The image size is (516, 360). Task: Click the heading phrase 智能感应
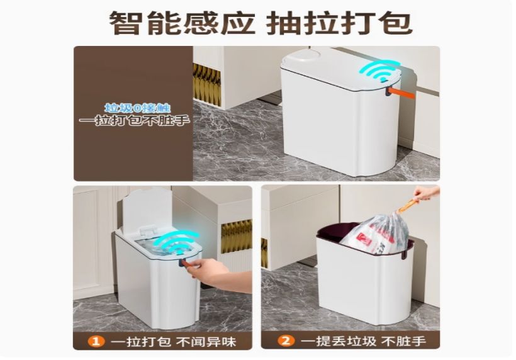click(x=182, y=23)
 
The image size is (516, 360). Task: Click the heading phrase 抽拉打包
click(x=339, y=23)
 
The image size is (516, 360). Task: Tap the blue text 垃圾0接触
click(x=138, y=108)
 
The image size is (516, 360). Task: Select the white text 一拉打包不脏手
click(x=135, y=120)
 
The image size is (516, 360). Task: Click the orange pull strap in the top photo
click(x=401, y=91)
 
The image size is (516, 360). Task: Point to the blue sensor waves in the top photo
click(x=380, y=70)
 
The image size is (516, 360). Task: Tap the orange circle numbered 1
click(x=96, y=341)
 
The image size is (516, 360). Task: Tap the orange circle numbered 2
click(x=286, y=340)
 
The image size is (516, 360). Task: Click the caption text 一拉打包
click(x=141, y=342)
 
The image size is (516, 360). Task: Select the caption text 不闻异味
click(x=206, y=342)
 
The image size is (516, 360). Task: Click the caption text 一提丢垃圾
click(x=339, y=341)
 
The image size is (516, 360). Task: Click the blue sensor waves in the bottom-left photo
click(x=179, y=243)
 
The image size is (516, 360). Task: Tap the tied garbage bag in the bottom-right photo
click(x=374, y=233)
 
